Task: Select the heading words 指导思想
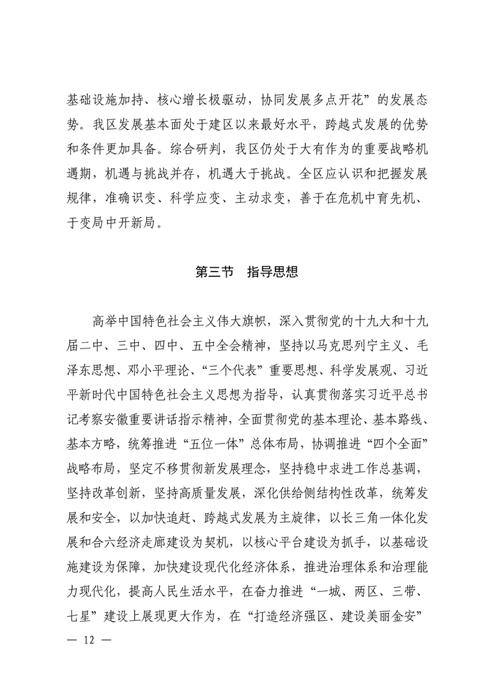click(272, 272)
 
